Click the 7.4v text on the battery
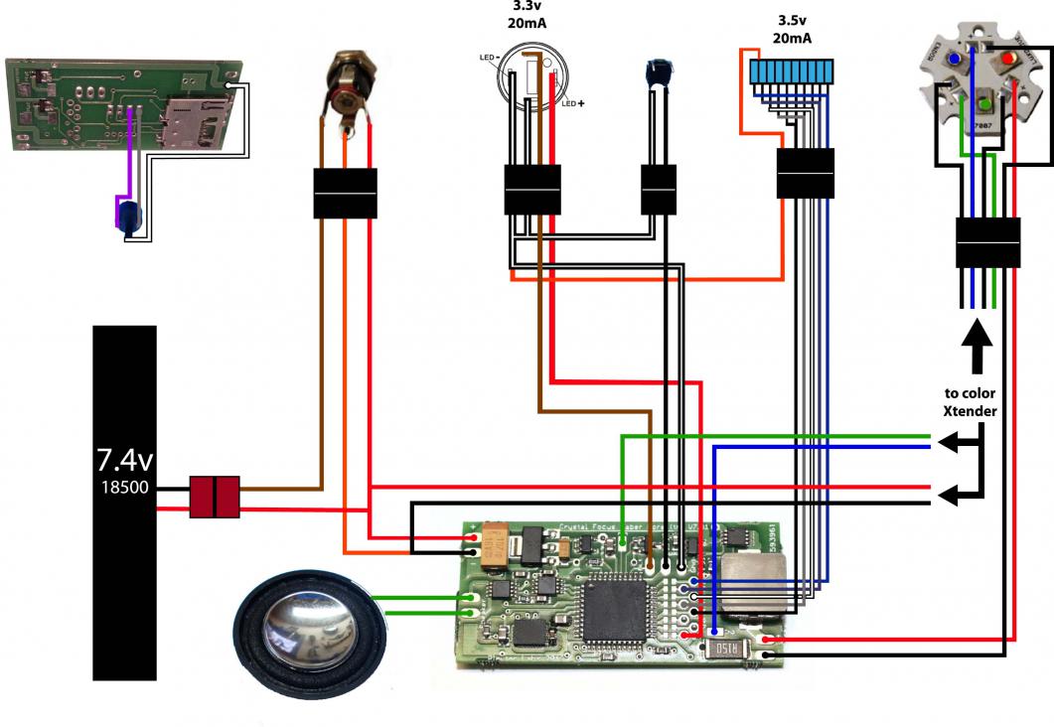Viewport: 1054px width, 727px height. [x=124, y=460]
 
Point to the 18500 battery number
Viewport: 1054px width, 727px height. [x=124, y=489]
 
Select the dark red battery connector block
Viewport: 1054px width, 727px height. [x=216, y=497]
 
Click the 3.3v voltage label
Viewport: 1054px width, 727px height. [x=527, y=5]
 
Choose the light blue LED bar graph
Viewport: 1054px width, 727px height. [x=792, y=72]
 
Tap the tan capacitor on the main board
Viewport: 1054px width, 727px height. [x=496, y=547]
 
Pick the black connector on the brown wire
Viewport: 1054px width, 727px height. [x=345, y=194]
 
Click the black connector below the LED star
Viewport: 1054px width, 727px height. [x=987, y=242]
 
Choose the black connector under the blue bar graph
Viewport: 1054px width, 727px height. [x=805, y=174]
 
